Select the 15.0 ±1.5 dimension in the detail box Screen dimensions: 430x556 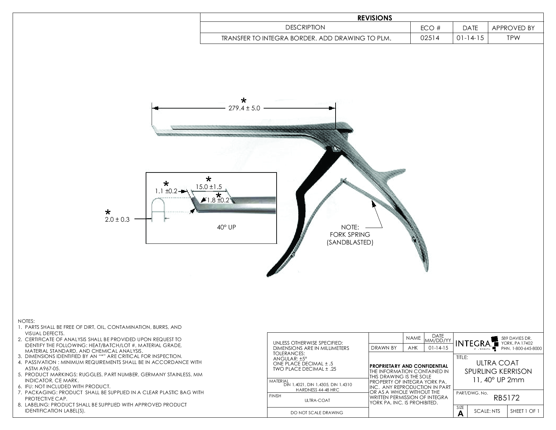209,187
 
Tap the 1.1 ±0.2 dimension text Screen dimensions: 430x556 166,191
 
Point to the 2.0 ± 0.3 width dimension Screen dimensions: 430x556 117,220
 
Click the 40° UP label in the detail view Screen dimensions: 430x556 226,227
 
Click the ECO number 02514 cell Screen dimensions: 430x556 431,38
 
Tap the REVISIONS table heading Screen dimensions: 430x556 375,18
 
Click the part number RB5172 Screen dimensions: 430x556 506,398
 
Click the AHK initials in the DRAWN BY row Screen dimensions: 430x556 413,348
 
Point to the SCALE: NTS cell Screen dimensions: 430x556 487,411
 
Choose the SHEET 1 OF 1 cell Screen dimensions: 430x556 525,411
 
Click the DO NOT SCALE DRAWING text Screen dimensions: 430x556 317,413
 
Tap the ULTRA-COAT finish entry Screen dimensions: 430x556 317,400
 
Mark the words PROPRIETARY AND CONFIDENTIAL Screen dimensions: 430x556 409,366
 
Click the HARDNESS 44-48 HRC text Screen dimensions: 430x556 317,390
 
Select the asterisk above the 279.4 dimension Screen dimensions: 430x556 243,101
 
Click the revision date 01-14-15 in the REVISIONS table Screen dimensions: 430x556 470,38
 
